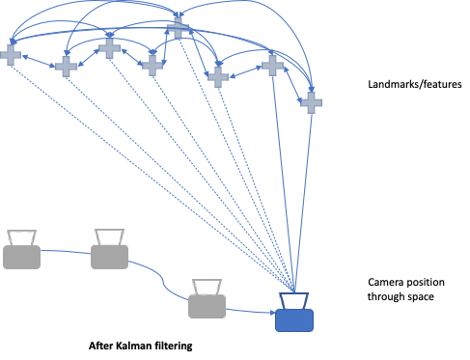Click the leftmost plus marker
pyautogui.click(x=11, y=55)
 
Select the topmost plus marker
pyautogui.click(x=178, y=27)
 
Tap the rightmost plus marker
pyautogui.click(x=311, y=102)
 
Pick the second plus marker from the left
pyautogui.click(x=66, y=66)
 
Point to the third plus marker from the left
pyautogui.click(x=109, y=46)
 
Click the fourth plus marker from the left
pyautogui.click(x=152, y=65)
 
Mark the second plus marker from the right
pyautogui.click(x=272, y=65)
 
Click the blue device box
pyautogui.click(x=294, y=319)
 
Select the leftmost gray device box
pyautogui.click(x=21, y=257)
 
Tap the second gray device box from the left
pyautogui.click(x=109, y=256)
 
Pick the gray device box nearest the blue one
pyautogui.click(x=207, y=306)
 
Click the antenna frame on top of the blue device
pyautogui.click(x=294, y=300)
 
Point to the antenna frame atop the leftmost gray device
pyautogui.click(x=21, y=236)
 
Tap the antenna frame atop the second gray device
pyautogui.click(x=109, y=235)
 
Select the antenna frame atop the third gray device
pyautogui.click(x=207, y=286)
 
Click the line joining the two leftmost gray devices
pyautogui.click(x=66, y=252)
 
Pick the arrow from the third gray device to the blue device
pyautogui.click(x=251, y=311)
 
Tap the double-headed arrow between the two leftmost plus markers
pyautogui.click(x=38, y=61)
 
